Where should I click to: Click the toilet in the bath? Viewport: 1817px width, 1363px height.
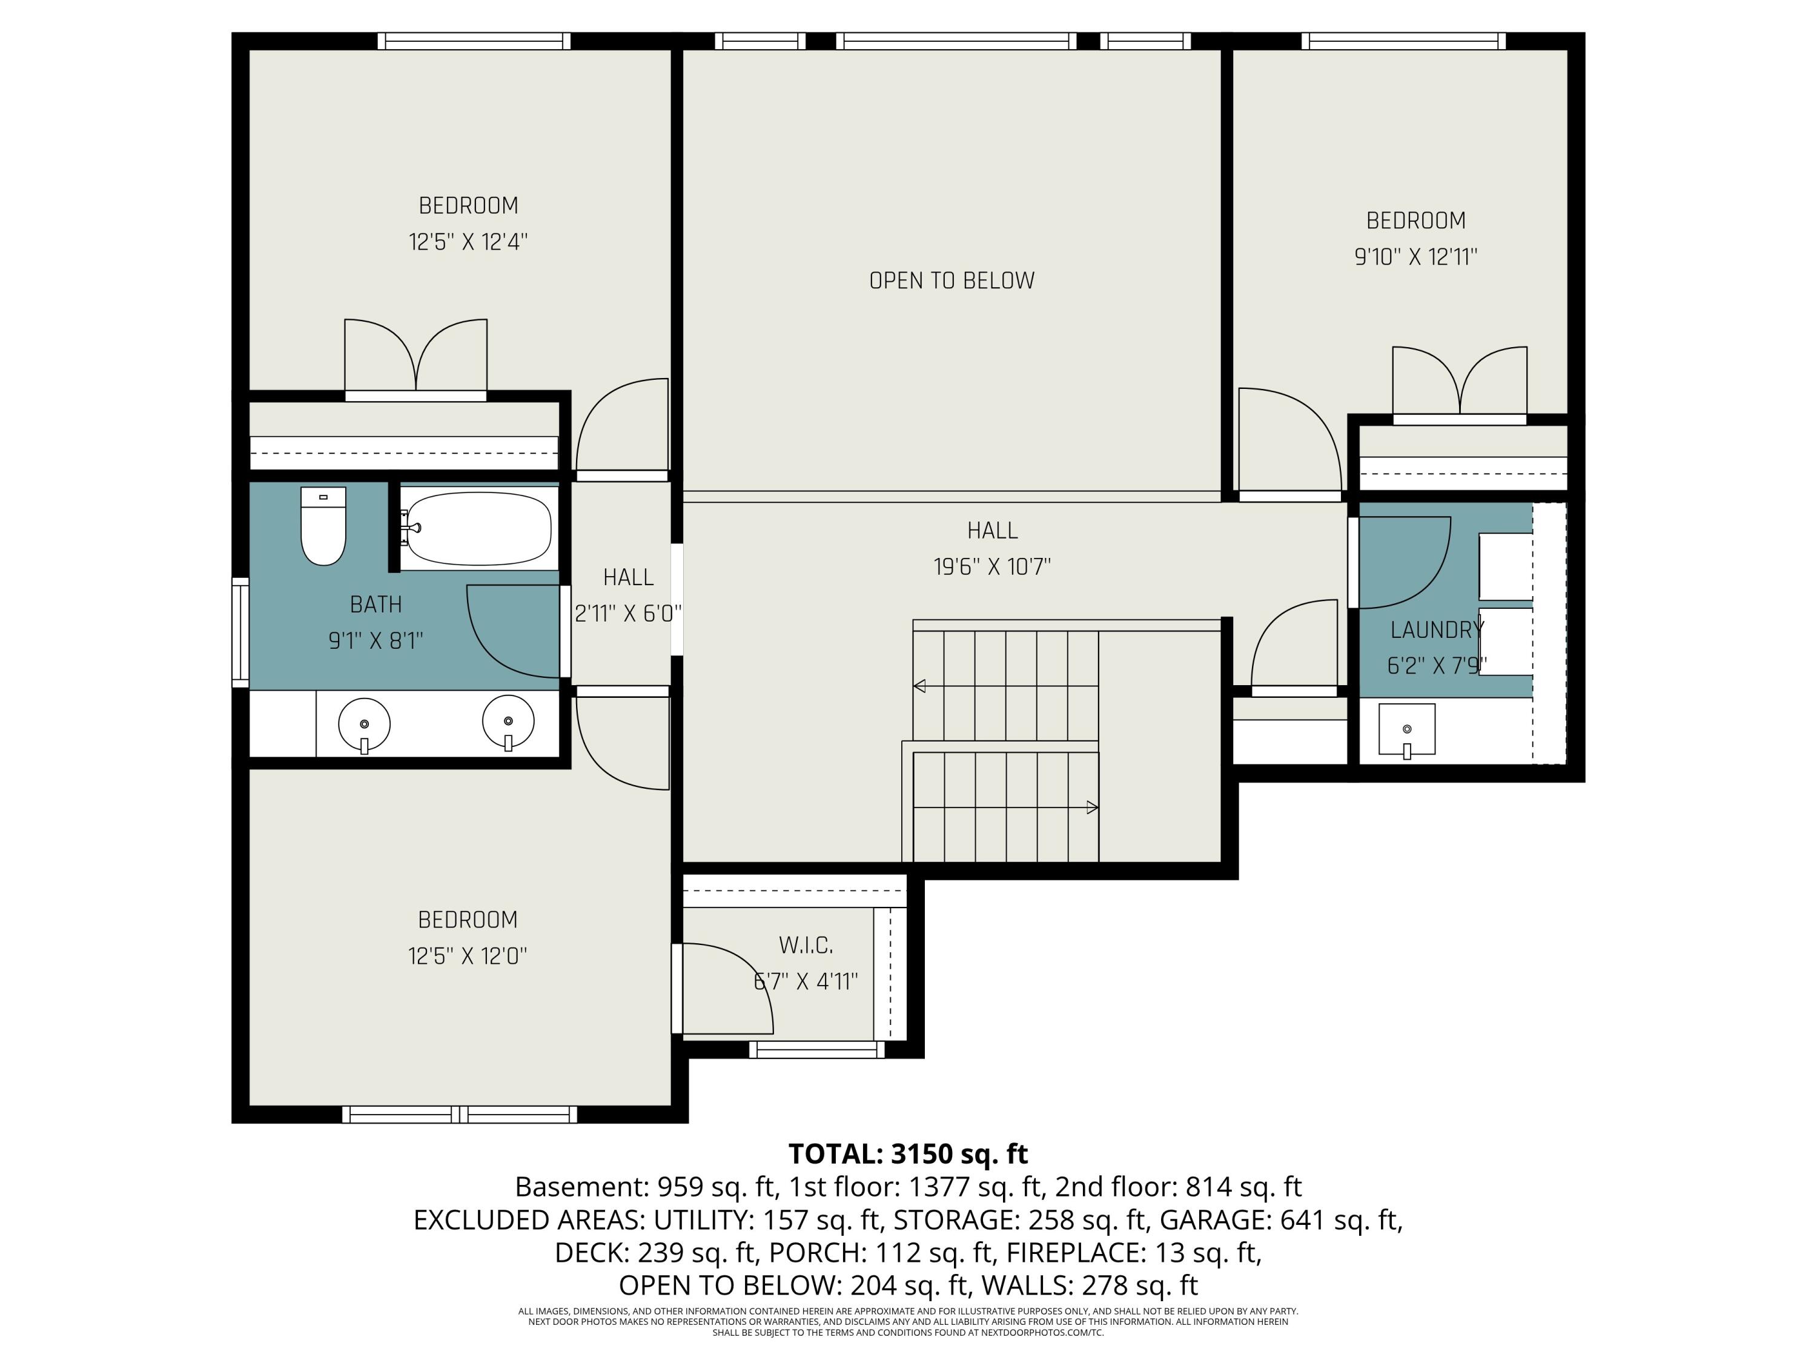(x=323, y=526)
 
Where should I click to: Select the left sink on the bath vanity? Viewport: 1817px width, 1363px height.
(x=364, y=725)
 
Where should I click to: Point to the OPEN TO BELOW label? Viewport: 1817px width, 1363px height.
(x=952, y=281)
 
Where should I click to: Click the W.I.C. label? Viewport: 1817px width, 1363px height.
(x=806, y=946)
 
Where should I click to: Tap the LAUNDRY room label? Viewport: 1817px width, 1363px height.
(x=1437, y=630)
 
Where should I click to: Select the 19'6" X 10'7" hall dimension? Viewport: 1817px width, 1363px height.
(x=992, y=567)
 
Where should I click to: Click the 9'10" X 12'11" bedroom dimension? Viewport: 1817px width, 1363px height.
(x=1415, y=257)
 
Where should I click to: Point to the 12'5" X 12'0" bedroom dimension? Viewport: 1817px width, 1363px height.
(x=468, y=957)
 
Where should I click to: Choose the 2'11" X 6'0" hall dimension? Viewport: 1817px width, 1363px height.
(x=629, y=614)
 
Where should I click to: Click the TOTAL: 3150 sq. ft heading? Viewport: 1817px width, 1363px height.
(x=908, y=1155)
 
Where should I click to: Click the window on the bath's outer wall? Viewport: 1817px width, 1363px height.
(x=240, y=632)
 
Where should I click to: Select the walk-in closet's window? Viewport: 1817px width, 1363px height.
(x=816, y=1049)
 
